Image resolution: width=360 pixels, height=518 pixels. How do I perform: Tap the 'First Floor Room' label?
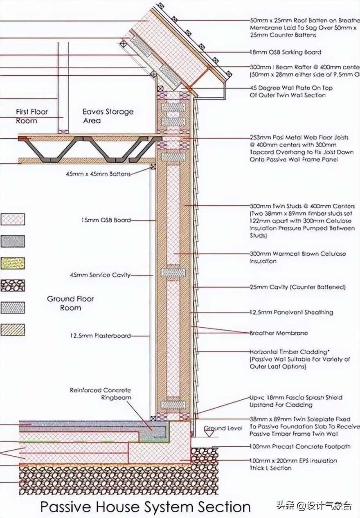[x=32, y=116]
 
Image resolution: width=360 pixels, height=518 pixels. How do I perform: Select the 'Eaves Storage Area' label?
[x=108, y=116]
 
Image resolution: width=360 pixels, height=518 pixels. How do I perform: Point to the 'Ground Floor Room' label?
[x=70, y=303]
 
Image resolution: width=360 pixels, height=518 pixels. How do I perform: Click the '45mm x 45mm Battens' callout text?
[x=98, y=173]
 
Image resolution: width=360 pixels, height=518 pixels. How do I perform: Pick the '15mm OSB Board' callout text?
[x=106, y=220]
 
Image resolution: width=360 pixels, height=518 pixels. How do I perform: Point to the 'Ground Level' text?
[x=223, y=428]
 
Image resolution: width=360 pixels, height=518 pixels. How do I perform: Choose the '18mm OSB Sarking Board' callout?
[x=285, y=52]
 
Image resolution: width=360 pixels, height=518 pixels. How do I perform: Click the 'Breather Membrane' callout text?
[x=279, y=333]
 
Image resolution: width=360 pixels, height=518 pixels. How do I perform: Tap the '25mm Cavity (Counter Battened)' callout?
[x=297, y=287]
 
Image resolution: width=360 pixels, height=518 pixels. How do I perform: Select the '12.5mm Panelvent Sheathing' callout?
[x=291, y=312]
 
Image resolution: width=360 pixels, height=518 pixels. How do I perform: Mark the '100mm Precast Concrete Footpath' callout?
[x=300, y=446]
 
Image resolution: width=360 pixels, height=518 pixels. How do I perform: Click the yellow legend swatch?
[x=13, y=263]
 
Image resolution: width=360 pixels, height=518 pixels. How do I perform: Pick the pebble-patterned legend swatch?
[x=13, y=285]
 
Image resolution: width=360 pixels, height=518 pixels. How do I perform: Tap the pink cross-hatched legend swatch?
[x=13, y=219]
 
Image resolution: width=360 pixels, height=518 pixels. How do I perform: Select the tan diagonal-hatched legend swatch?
[x=13, y=330]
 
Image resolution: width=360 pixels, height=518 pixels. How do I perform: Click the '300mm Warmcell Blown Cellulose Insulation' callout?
[x=297, y=257]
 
